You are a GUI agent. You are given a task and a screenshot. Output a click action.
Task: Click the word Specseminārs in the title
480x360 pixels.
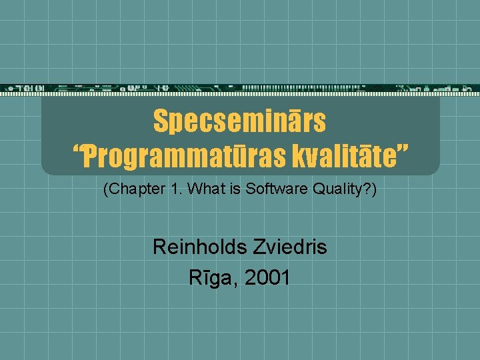pos(239,121)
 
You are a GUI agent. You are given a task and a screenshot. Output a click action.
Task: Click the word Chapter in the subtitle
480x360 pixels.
pos(135,189)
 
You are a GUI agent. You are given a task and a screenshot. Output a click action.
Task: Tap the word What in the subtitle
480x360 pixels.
pos(201,189)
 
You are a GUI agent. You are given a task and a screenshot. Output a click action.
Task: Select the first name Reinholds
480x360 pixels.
pos(198,247)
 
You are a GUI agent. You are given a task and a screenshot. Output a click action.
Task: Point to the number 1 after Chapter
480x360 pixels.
pos(174,189)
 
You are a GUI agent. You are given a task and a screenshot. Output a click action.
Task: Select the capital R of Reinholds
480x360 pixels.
pos(159,247)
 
